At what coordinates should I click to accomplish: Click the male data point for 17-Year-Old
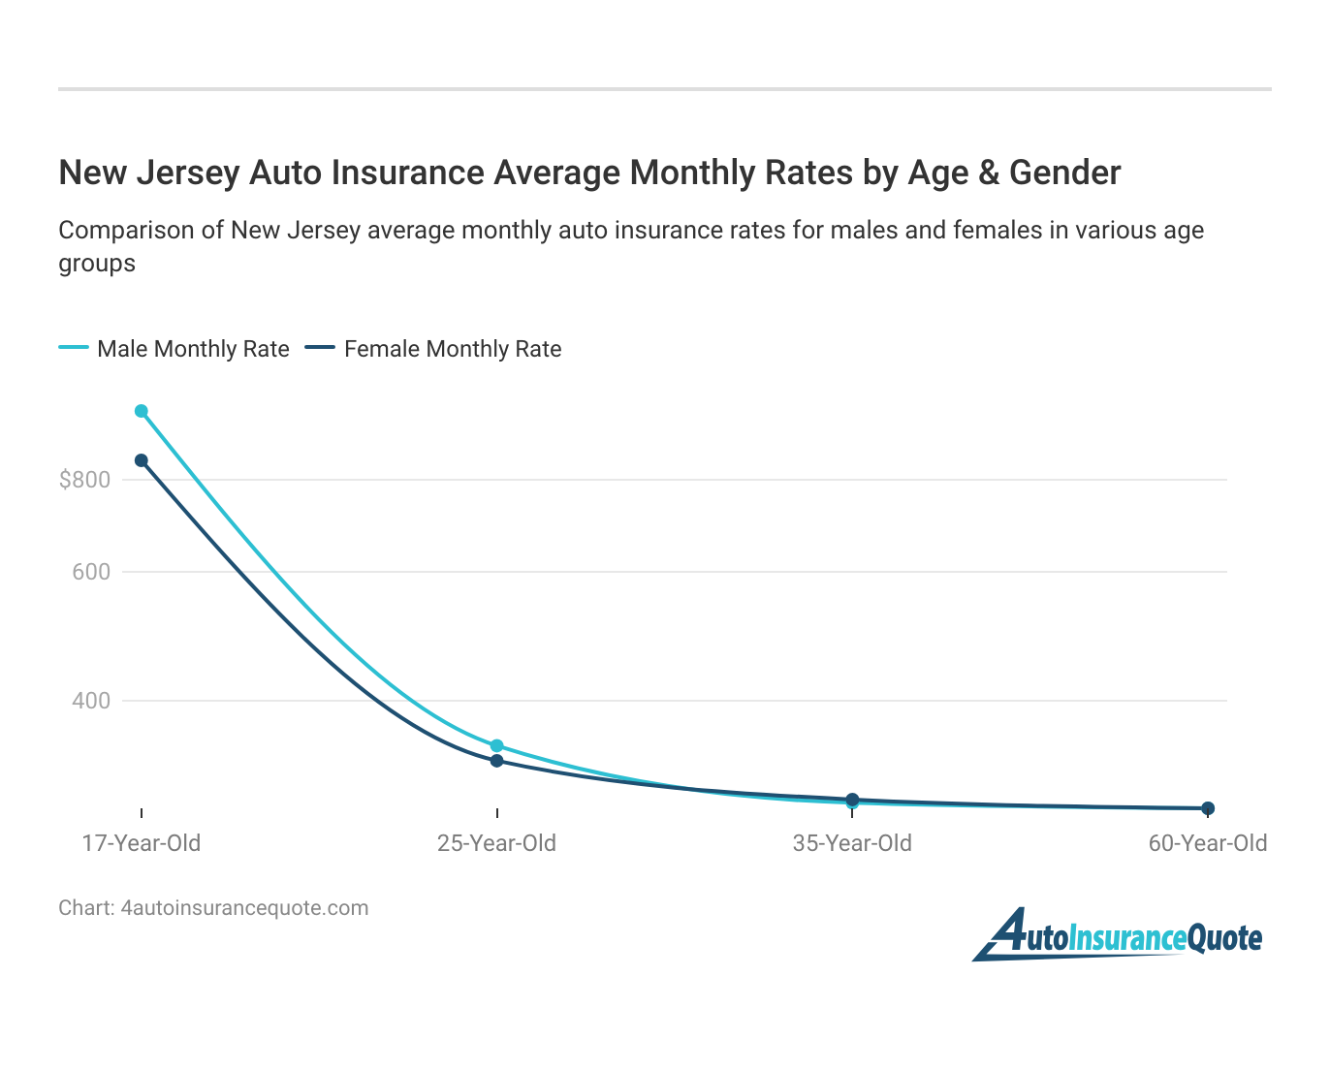coord(142,411)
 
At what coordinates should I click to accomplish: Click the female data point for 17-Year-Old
coord(142,460)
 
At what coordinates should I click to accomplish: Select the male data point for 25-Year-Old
coord(496,745)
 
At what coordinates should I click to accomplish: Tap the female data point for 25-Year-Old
coord(496,761)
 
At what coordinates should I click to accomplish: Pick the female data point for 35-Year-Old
coord(852,800)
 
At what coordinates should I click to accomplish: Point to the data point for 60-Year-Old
coord(1208,808)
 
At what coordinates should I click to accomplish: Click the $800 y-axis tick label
coord(84,480)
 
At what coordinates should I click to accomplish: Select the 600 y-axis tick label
coord(91,572)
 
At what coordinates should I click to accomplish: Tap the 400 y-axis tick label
coord(91,700)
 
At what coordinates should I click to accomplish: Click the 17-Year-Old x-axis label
coord(142,843)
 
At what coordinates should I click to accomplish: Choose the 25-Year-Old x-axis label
coord(496,843)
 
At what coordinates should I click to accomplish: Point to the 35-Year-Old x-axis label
coord(852,843)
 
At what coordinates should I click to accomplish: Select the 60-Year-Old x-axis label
coord(1208,843)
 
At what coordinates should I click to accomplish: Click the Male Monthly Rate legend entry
coord(192,349)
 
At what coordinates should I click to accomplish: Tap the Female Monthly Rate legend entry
coord(452,349)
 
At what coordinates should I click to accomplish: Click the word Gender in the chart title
coord(1064,173)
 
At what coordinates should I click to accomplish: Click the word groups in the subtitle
coord(97,264)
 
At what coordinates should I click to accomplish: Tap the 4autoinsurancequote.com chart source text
coord(244,908)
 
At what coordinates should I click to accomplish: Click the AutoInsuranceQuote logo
coord(1118,935)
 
